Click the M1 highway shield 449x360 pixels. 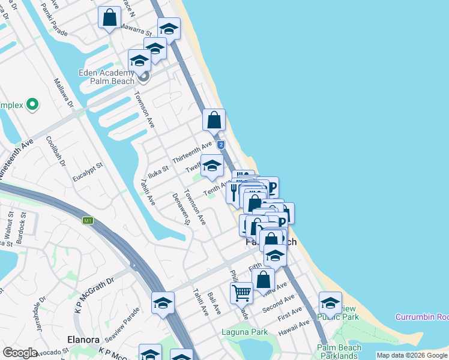[88, 221]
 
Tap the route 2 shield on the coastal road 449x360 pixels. [221, 145]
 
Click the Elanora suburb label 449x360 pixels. [83, 340]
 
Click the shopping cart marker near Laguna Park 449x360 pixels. [241, 293]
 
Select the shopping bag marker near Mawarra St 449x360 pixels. [110, 17]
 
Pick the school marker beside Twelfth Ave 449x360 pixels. [211, 165]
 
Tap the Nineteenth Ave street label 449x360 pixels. [17, 160]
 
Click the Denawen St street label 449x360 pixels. [181, 209]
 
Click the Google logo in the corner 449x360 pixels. [20, 353]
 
